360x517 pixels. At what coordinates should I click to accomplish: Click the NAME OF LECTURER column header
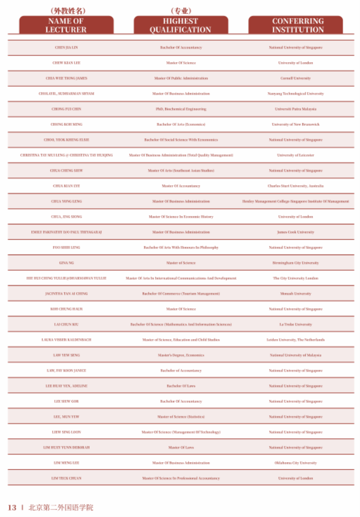point(67,25)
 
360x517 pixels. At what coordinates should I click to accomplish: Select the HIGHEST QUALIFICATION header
point(180,25)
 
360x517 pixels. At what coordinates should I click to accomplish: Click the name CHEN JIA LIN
point(67,48)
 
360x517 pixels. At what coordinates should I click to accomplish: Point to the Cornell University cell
point(296,78)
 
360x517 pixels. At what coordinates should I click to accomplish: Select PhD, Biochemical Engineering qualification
point(181,109)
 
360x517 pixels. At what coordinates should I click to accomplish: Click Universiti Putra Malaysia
point(296,109)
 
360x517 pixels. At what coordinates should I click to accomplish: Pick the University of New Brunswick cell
point(296,124)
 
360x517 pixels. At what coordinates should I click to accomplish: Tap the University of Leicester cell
point(296,155)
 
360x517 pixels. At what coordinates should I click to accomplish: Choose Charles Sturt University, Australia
point(296,186)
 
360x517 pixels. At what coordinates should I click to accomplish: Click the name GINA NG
point(67,263)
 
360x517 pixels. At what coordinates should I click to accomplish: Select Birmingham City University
point(296,263)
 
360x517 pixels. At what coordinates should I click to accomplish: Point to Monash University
point(296,294)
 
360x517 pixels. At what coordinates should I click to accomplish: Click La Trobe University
point(296,325)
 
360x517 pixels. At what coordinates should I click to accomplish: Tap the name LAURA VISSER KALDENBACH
point(67,340)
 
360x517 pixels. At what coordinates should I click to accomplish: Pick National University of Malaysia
point(296,355)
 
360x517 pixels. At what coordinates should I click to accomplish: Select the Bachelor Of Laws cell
point(181,386)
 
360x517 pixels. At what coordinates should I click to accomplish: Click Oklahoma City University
point(296,463)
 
